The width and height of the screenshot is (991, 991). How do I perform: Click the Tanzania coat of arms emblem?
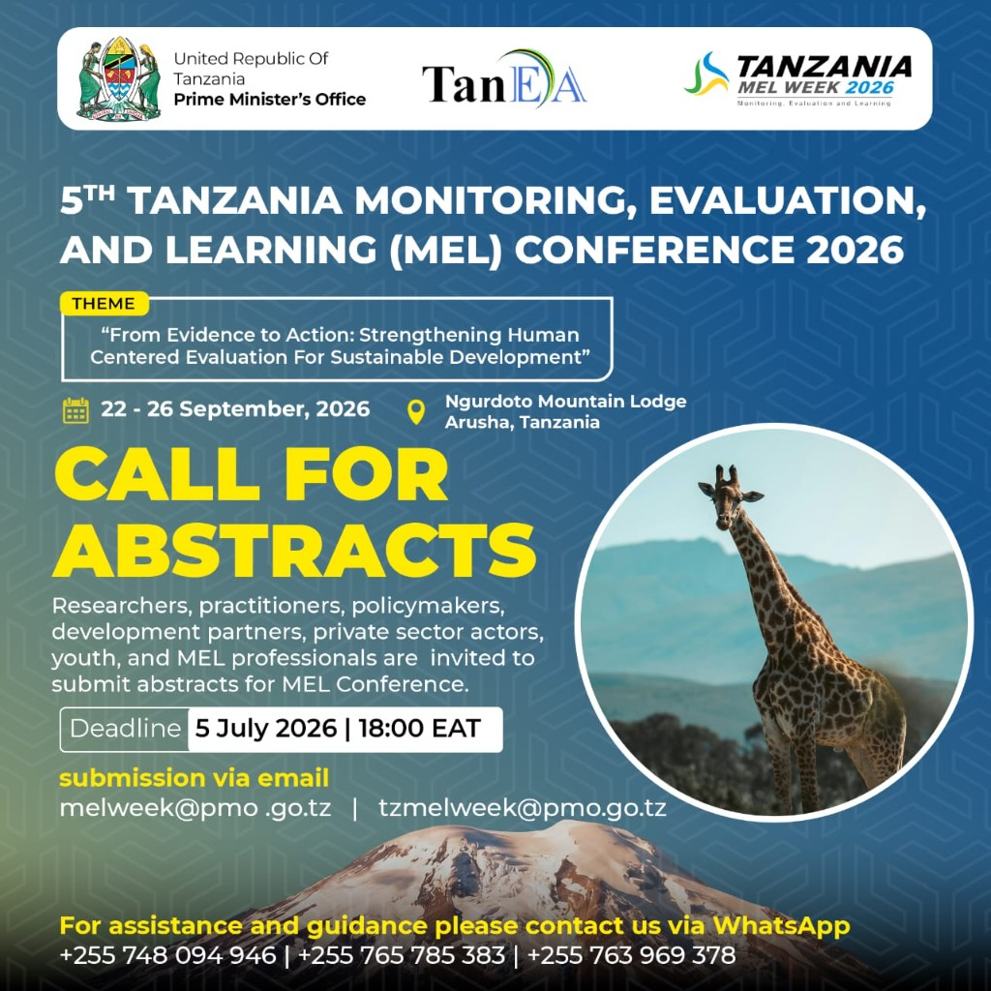(118, 77)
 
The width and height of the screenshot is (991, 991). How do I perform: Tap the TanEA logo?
(503, 79)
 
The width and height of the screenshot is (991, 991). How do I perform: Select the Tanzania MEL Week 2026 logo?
(797, 79)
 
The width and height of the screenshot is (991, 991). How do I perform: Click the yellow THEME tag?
(104, 303)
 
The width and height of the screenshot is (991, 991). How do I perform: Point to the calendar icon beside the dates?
(75, 410)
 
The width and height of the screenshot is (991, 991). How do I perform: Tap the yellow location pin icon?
(415, 411)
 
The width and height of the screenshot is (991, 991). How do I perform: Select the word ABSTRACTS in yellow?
(294, 550)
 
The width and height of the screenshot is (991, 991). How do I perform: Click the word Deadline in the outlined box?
(125, 729)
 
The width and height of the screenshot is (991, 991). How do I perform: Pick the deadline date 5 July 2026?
(265, 728)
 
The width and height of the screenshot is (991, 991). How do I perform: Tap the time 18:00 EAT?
(420, 728)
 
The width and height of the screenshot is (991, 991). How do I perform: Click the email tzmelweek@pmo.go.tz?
(522, 808)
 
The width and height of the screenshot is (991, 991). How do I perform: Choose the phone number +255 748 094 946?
(167, 955)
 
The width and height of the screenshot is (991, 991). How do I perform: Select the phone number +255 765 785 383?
(402, 955)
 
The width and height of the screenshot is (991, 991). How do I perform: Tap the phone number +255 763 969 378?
(631, 955)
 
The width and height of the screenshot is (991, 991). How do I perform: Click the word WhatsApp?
(781, 926)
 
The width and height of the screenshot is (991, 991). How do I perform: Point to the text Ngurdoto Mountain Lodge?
(565, 402)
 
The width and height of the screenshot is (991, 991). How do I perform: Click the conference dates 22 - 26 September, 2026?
(235, 409)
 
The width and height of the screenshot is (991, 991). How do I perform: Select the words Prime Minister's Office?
(270, 100)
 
